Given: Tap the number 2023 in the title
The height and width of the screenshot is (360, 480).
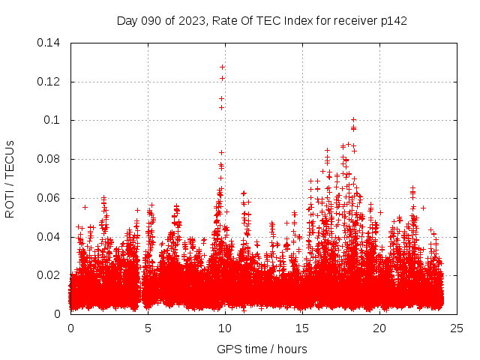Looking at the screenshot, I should coord(191,20).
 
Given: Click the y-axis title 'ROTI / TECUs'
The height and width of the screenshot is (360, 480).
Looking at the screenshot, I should coord(10,178).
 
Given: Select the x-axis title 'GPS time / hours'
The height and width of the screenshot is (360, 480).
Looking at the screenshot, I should coord(262,349).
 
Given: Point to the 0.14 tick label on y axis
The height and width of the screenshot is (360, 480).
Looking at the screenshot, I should coord(49,43).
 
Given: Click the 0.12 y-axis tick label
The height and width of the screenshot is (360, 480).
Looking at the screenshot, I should coord(49,82).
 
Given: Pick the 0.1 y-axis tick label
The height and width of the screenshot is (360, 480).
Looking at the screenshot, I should coord(55,120).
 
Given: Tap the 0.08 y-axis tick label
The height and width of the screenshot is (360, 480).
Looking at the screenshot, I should coord(49,159).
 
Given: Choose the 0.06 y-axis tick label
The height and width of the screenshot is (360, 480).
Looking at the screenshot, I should coord(49,198).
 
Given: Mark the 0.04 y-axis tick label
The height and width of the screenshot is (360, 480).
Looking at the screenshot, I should coord(49,237).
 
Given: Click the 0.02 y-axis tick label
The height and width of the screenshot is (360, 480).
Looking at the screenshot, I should coord(49,275).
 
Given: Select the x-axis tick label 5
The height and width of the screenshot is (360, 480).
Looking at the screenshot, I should coord(148,328).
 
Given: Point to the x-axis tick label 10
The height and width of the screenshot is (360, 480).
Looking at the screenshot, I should coord(225,328).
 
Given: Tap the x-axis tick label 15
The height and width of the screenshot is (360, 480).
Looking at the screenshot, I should coord(302,328).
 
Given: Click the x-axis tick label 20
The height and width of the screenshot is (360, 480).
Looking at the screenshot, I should coord(379,328).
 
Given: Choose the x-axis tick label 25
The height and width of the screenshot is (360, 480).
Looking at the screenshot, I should coord(457,328).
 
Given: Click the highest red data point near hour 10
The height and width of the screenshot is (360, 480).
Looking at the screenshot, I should coord(223,67).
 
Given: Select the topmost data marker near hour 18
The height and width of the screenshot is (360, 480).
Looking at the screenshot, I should coord(353,119).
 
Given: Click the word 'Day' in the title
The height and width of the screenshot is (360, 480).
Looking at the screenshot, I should coord(127,20).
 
